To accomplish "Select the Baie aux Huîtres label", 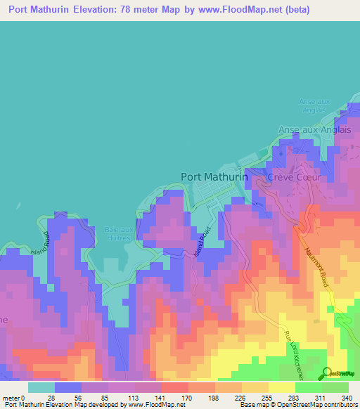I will click(x=119, y=234).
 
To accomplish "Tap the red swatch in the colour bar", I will click(x=174, y=387).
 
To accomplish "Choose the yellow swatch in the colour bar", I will click(x=281, y=387).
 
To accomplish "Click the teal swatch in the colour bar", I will click(x=41, y=387).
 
